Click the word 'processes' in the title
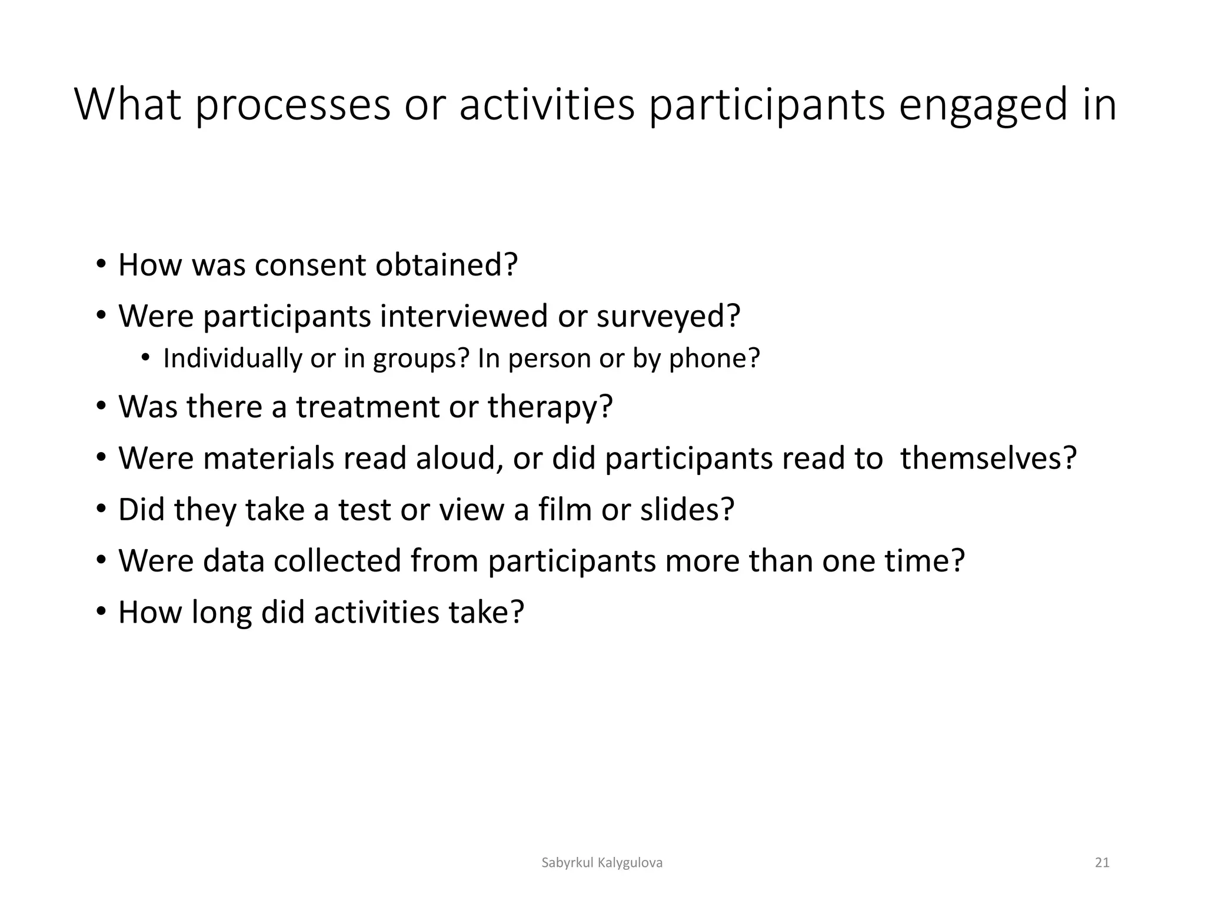(292, 105)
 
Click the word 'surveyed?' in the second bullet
(668, 316)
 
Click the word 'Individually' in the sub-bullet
(232, 358)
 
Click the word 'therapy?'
(550, 407)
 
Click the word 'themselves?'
(988, 458)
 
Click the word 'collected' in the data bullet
(337, 560)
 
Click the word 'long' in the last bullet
(222, 612)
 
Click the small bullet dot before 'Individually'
(145, 358)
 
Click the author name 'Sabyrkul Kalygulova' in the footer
(602, 863)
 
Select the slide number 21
(1102, 863)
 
